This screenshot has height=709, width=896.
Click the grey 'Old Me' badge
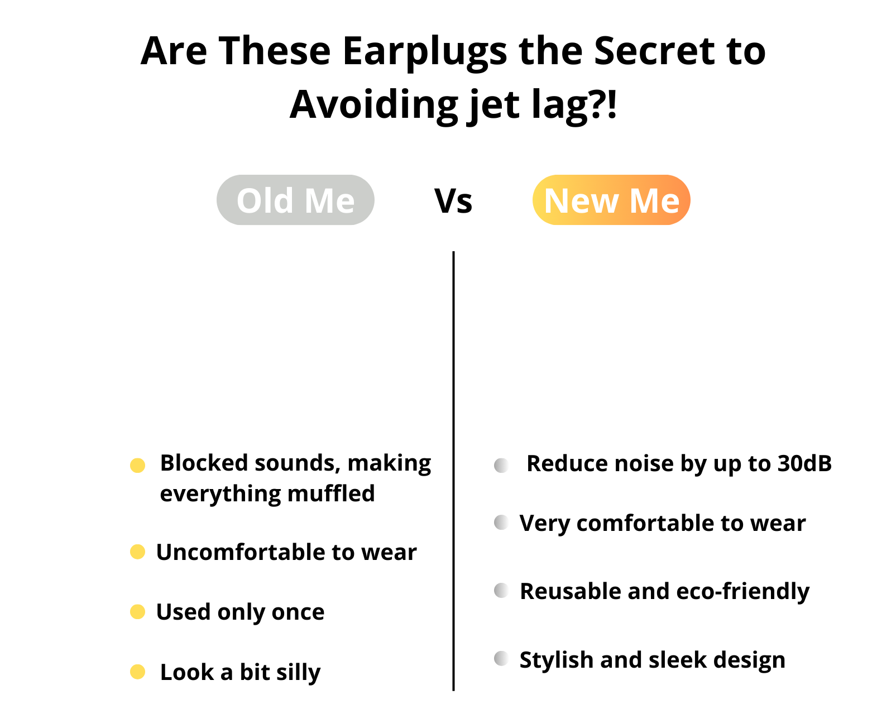pos(295,200)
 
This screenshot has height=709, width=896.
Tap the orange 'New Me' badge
pos(611,200)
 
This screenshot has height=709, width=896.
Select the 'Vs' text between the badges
pos(453,201)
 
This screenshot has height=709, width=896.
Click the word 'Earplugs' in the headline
pos(425,52)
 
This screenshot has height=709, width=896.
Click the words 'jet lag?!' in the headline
pos(542,106)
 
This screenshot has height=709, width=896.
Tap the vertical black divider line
pos(453,471)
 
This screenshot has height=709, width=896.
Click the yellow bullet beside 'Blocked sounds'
pos(137,466)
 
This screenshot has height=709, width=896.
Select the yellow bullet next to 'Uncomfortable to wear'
pos(137,552)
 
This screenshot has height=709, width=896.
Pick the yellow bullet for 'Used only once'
pos(137,612)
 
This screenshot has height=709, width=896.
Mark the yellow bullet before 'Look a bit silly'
pos(137,672)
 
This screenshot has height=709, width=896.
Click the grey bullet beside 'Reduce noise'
pos(501,466)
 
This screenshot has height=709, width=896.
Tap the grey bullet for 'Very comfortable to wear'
pos(501,523)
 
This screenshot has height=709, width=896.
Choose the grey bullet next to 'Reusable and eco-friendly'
pos(501,590)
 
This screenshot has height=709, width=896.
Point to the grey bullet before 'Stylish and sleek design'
pos(501,659)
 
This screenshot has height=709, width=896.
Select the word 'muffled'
pos(331,494)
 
